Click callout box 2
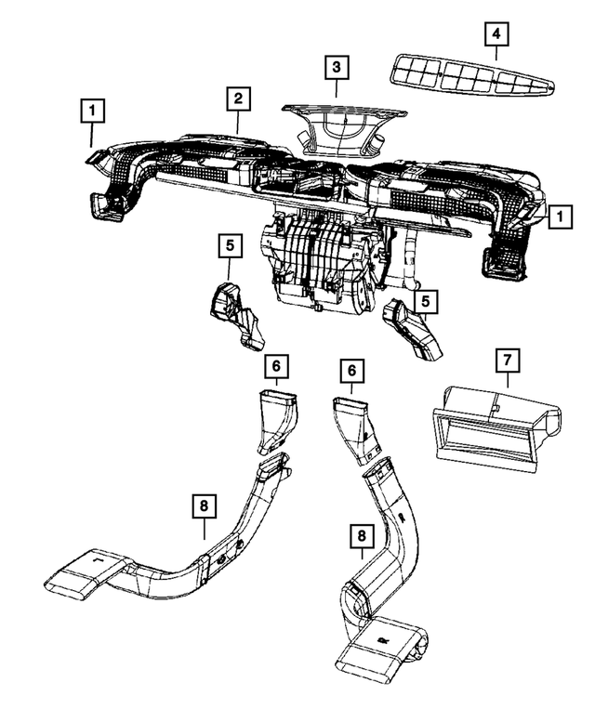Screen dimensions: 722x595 click(x=238, y=98)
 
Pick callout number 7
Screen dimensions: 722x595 click(x=509, y=360)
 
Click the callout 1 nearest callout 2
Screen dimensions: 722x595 click(x=91, y=111)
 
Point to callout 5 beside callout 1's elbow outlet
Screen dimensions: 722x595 click(x=229, y=247)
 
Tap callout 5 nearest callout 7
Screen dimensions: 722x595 click(x=425, y=302)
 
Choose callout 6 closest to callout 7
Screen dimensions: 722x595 click(x=350, y=370)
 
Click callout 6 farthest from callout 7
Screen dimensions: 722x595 click(x=275, y=366)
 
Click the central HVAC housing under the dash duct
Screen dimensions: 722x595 click(x=321, y=260)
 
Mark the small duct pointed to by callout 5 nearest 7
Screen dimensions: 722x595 click(x=414, y=330)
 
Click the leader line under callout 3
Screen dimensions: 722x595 click(x=337, y=90)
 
